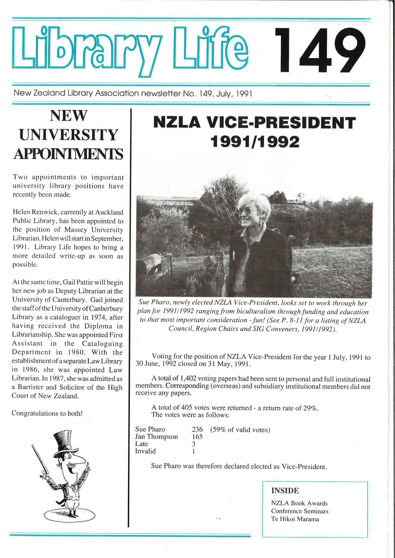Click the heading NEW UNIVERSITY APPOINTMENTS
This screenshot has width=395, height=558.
68,135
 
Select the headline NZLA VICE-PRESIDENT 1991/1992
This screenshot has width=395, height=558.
254,132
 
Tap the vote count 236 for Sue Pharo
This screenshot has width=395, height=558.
197,429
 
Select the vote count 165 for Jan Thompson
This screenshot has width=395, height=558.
197,437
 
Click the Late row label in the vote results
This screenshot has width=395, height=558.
142,444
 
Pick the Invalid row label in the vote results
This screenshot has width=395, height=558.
146,451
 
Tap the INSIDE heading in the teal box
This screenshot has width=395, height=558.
285,491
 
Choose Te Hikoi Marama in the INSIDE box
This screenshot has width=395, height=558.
295,519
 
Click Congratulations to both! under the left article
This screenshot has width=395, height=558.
47,413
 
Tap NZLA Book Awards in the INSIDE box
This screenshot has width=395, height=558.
299,503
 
